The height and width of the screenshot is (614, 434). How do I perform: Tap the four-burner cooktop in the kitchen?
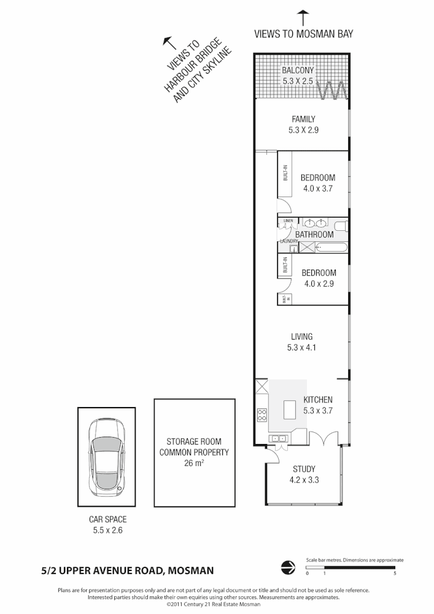coord(262,415)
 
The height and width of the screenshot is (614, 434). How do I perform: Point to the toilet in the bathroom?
coord(341,225)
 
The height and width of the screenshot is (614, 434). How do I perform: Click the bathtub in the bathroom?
coord(331,247)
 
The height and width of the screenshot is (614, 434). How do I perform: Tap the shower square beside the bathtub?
coord(307,247)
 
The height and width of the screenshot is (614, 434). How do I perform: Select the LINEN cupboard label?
coord(289,220)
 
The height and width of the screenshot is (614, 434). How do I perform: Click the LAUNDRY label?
coord(288,241)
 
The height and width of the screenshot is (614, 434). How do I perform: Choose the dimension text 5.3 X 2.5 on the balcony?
coord(298,80)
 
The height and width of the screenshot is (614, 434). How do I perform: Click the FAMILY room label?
coord(303,119)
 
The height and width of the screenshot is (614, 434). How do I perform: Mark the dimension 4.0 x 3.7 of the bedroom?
coord(317,188)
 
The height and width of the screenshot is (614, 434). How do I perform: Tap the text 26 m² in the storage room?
coord(194,464)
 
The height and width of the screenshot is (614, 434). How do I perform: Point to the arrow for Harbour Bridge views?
coord(166,41)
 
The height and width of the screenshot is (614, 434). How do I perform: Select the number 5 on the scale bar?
coord(394,573)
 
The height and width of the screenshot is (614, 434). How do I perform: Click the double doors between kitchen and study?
coord(324,438)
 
